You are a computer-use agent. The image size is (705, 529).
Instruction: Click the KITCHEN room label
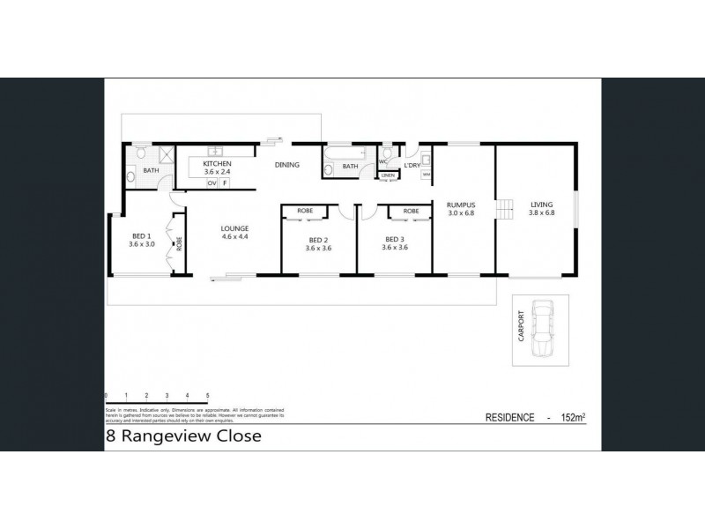coord(218,165)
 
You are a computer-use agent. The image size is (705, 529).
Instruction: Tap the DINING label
coord(287,165)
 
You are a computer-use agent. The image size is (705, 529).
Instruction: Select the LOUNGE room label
coord(234,228)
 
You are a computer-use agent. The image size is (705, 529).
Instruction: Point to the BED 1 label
coord(142,236)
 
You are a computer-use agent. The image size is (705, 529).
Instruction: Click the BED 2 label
coord(318,240)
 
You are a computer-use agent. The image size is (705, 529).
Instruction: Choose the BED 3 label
coord(394,240)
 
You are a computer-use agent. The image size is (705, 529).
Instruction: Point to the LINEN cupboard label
coord(389,176)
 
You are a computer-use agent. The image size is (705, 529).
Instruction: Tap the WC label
coord(383,162)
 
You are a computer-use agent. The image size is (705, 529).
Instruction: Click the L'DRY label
coord(412,166)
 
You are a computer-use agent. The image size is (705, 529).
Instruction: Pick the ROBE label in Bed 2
coord(305,211)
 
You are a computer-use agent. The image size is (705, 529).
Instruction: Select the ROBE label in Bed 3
coord(411,211)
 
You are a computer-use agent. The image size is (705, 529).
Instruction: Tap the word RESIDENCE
coord(510,417)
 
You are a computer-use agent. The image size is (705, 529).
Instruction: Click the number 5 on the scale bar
coord(207,396)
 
